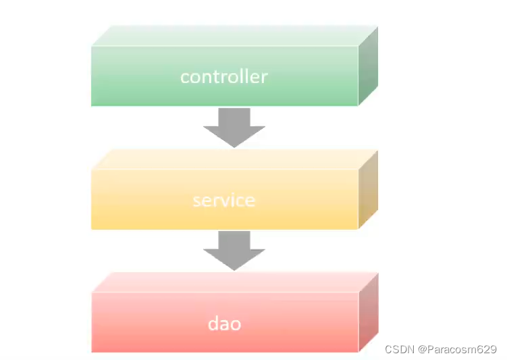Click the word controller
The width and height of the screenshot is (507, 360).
223,76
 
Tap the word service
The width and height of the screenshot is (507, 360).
223,201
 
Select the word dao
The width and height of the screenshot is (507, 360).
223,324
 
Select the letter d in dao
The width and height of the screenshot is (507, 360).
212,324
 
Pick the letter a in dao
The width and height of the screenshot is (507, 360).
223,325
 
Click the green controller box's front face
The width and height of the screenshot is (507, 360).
135,88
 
